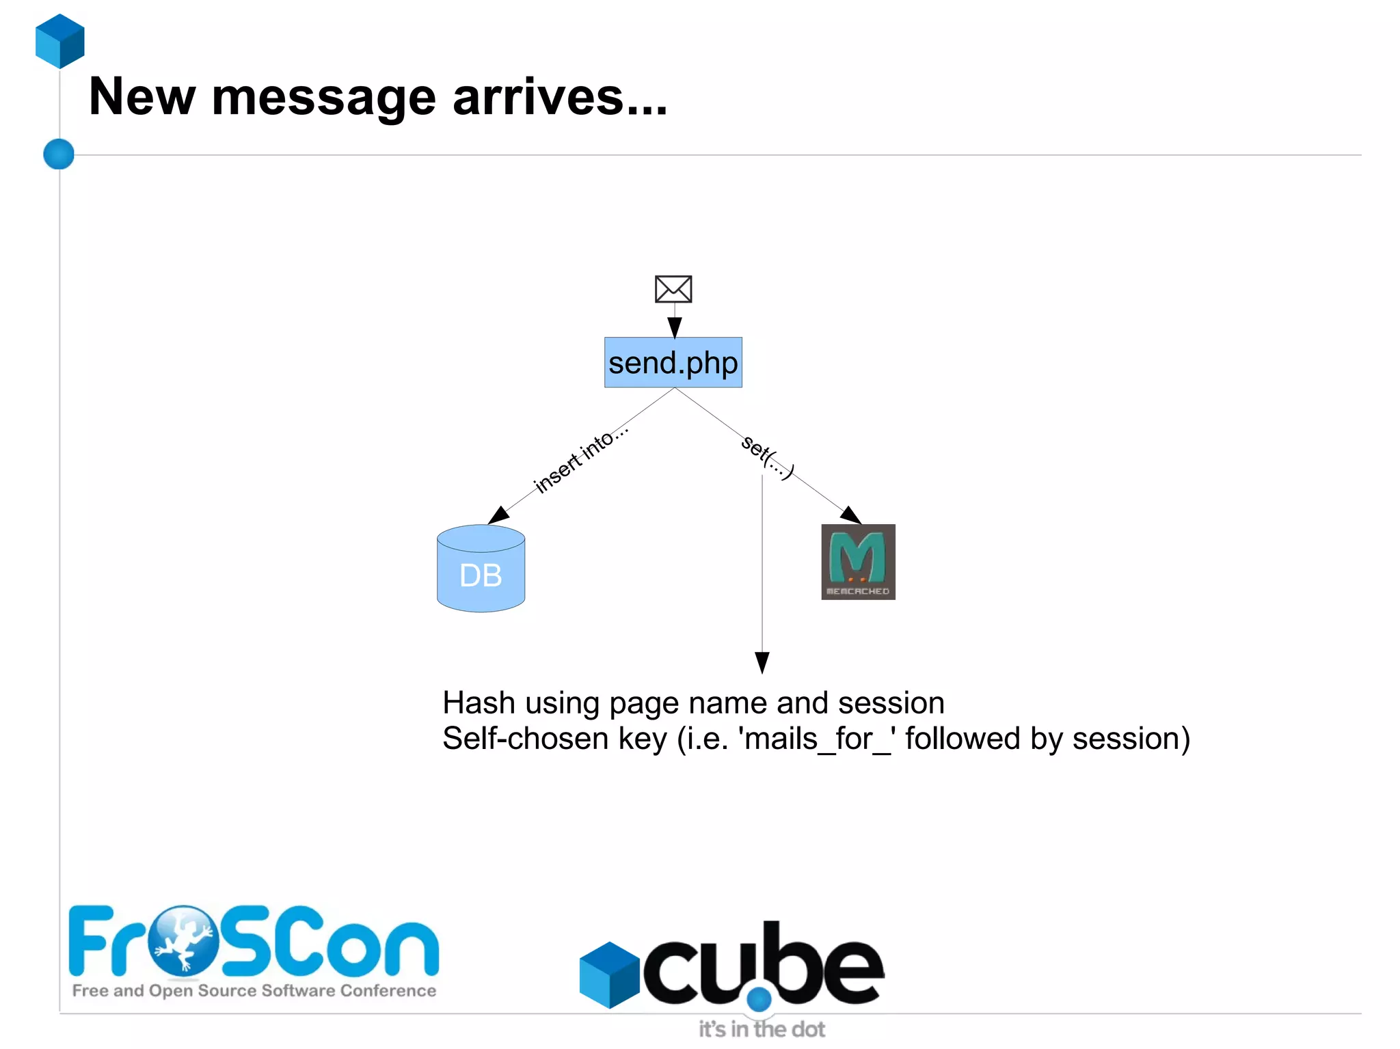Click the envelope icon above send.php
(x=673, y=289)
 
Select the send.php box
(x=673, y=363)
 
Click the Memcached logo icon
(x=858, y=562)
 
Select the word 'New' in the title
(x=142, y=97)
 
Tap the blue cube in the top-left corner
(x=60, y=41)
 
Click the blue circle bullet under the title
(x=59, y=154)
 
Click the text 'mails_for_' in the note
(x=818, y=739)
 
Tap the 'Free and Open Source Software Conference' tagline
(x=254, y=991)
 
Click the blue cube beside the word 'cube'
(x=608, y=975)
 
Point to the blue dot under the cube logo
(x=759, y=1000)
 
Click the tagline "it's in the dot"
(x=762, y=1029)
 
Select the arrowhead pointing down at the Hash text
(x=762, y=662)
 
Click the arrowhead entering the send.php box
(x=675, y=327)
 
